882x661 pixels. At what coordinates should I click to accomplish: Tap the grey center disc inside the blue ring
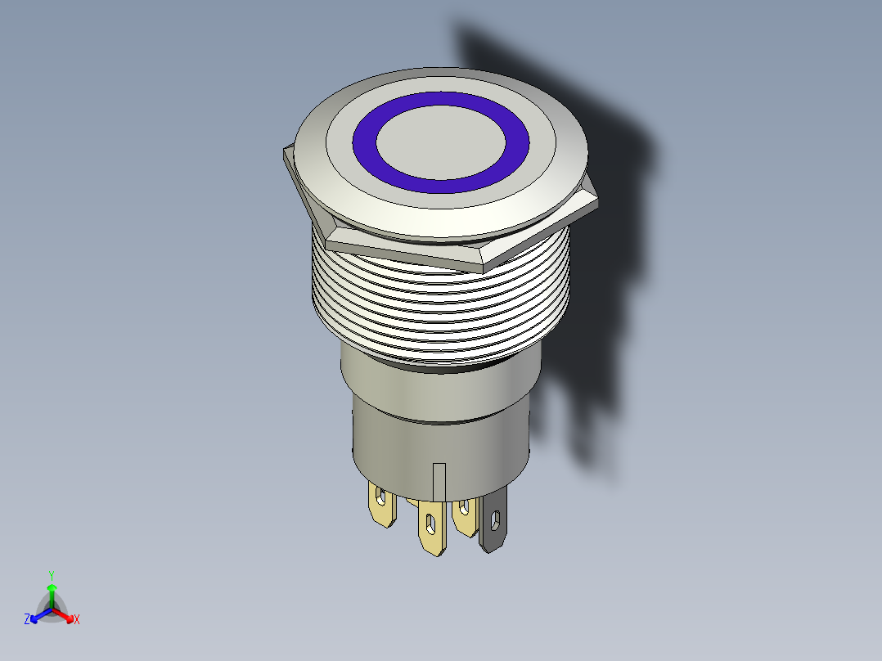[x=440, y=142]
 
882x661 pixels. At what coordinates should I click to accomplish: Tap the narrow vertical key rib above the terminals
[x=439, y=481]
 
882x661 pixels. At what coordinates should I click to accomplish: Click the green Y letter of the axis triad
[x=52, y=575]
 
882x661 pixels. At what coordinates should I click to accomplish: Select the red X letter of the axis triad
[x=76, y=619]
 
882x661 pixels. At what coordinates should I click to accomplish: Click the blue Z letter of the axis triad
[x=27, y=619]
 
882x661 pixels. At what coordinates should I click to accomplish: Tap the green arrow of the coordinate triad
[x=52, y=592]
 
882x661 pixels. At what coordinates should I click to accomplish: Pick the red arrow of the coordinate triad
[x=65, y=614]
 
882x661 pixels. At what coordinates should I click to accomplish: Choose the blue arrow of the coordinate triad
[x=38, y=614]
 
